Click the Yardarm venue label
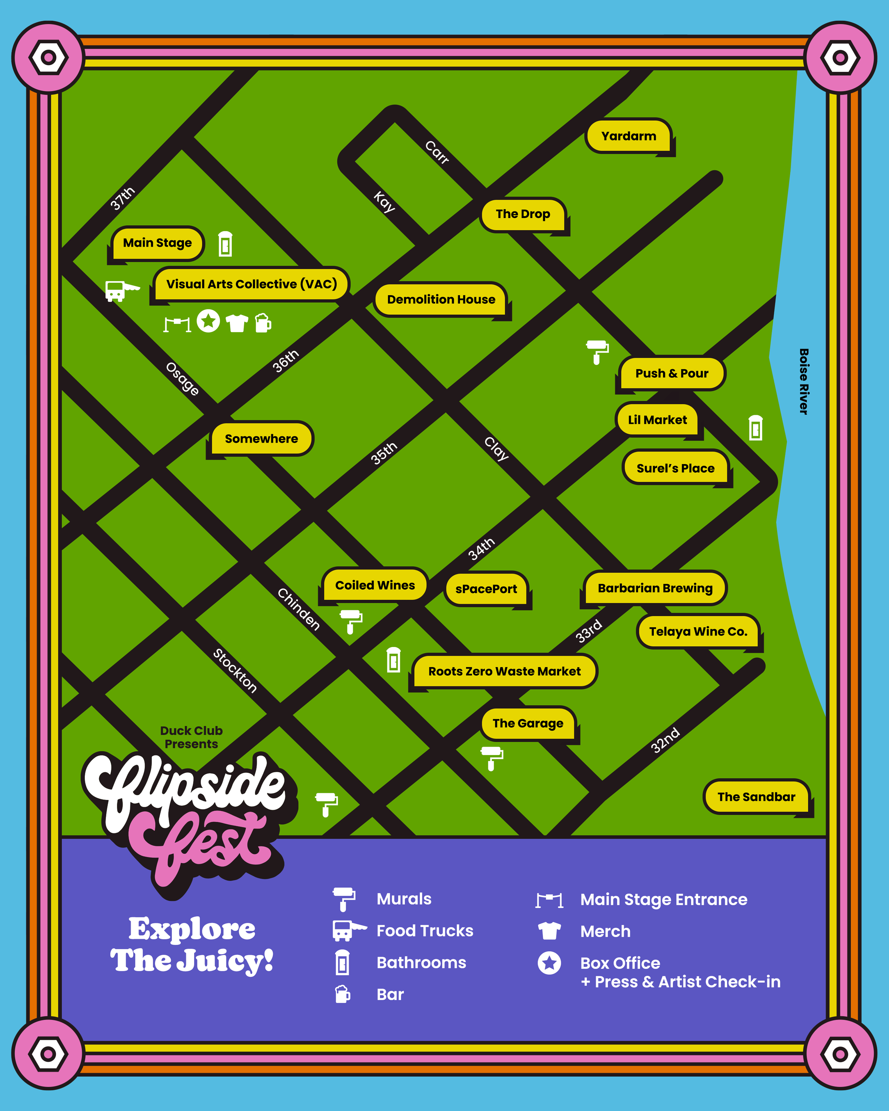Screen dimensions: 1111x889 (628, 136)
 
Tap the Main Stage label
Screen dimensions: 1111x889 (157, 243)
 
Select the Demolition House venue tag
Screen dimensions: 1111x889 (441, 299)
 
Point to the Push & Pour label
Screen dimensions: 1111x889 (672, 374)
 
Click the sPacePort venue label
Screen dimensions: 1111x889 (486, 589)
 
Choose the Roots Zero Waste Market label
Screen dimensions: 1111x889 (504, 671)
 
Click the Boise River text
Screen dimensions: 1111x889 (803, 381)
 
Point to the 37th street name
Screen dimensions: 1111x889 (123, 198)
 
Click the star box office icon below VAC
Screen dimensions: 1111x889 (208, 321)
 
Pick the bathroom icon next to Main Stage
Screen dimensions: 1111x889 (225, 244)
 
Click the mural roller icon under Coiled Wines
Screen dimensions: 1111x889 (351, 621)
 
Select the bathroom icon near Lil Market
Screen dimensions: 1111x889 (756, 428)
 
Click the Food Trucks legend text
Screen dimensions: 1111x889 (424, 931)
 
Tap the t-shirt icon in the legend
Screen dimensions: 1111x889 (549, 931)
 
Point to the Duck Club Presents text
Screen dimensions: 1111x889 (191, 737)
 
